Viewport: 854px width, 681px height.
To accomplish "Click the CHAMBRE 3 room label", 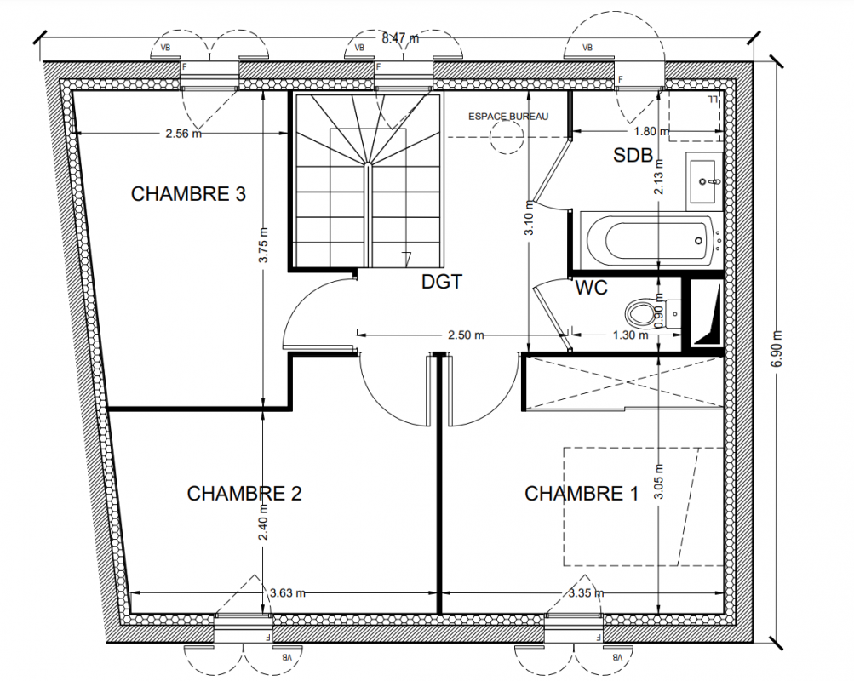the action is click(x=188, y=194).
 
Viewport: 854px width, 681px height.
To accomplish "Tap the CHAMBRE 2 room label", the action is click(x=244, y=493).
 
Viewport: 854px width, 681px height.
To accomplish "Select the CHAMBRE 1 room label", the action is click(x=582, y=493).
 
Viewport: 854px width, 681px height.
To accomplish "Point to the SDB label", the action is click(x=633, y=155).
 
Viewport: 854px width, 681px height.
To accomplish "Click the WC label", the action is click(x=591, y=288).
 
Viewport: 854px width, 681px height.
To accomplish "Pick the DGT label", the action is click(x=442, y=282).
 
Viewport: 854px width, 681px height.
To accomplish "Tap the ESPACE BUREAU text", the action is click(x=508, y=117).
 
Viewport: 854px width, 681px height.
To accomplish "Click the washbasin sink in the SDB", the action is click(x=704, y=180).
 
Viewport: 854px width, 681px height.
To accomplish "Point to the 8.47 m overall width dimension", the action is click(x=400, y=38).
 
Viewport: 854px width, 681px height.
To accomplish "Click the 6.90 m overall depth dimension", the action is click(x=777, y=348).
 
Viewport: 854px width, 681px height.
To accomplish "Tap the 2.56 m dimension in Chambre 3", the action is click(x=184, y=133).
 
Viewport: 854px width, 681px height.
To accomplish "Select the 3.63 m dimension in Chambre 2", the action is click(x=288, y=592).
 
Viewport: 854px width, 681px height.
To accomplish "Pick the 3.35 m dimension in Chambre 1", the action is click(x=586, y=592).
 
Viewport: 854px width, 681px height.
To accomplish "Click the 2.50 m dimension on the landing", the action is click(x=467, y=335).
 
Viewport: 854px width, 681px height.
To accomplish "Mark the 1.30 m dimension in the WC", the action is click(x=631, y=335).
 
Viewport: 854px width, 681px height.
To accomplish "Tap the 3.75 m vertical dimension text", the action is click(x=263, y=245).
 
